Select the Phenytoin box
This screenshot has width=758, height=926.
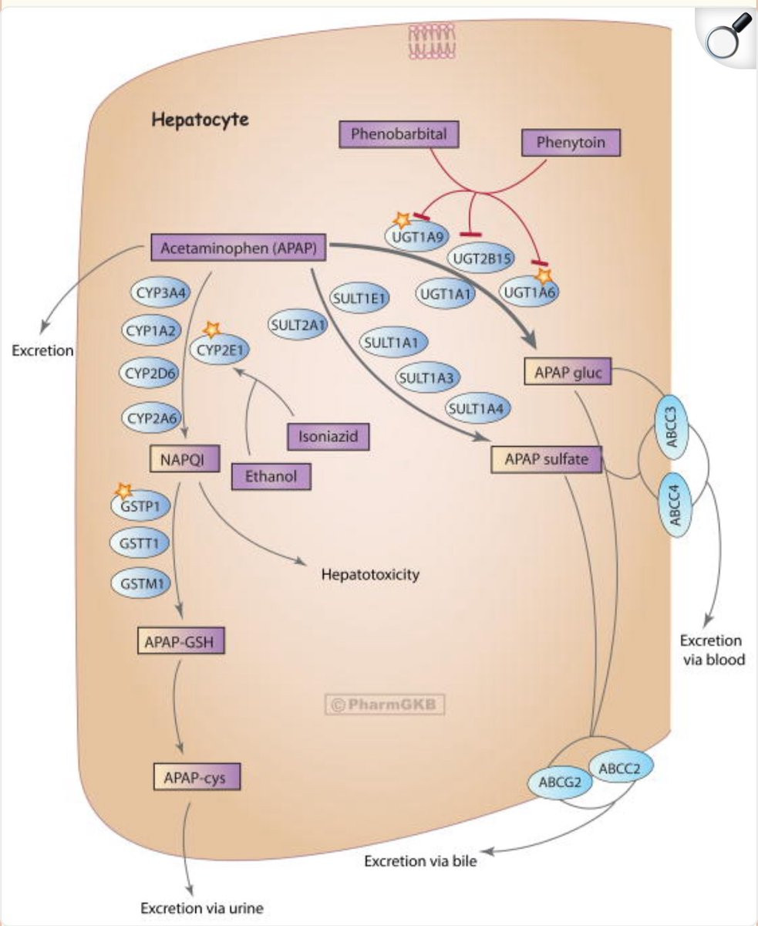571,143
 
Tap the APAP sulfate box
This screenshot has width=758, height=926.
546,460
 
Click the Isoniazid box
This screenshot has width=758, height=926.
328,437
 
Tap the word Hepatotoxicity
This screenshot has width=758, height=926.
370,575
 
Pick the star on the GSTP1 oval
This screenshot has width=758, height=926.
122,489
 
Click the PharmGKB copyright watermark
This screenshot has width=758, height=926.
386,705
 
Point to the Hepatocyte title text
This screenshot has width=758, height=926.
200,120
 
